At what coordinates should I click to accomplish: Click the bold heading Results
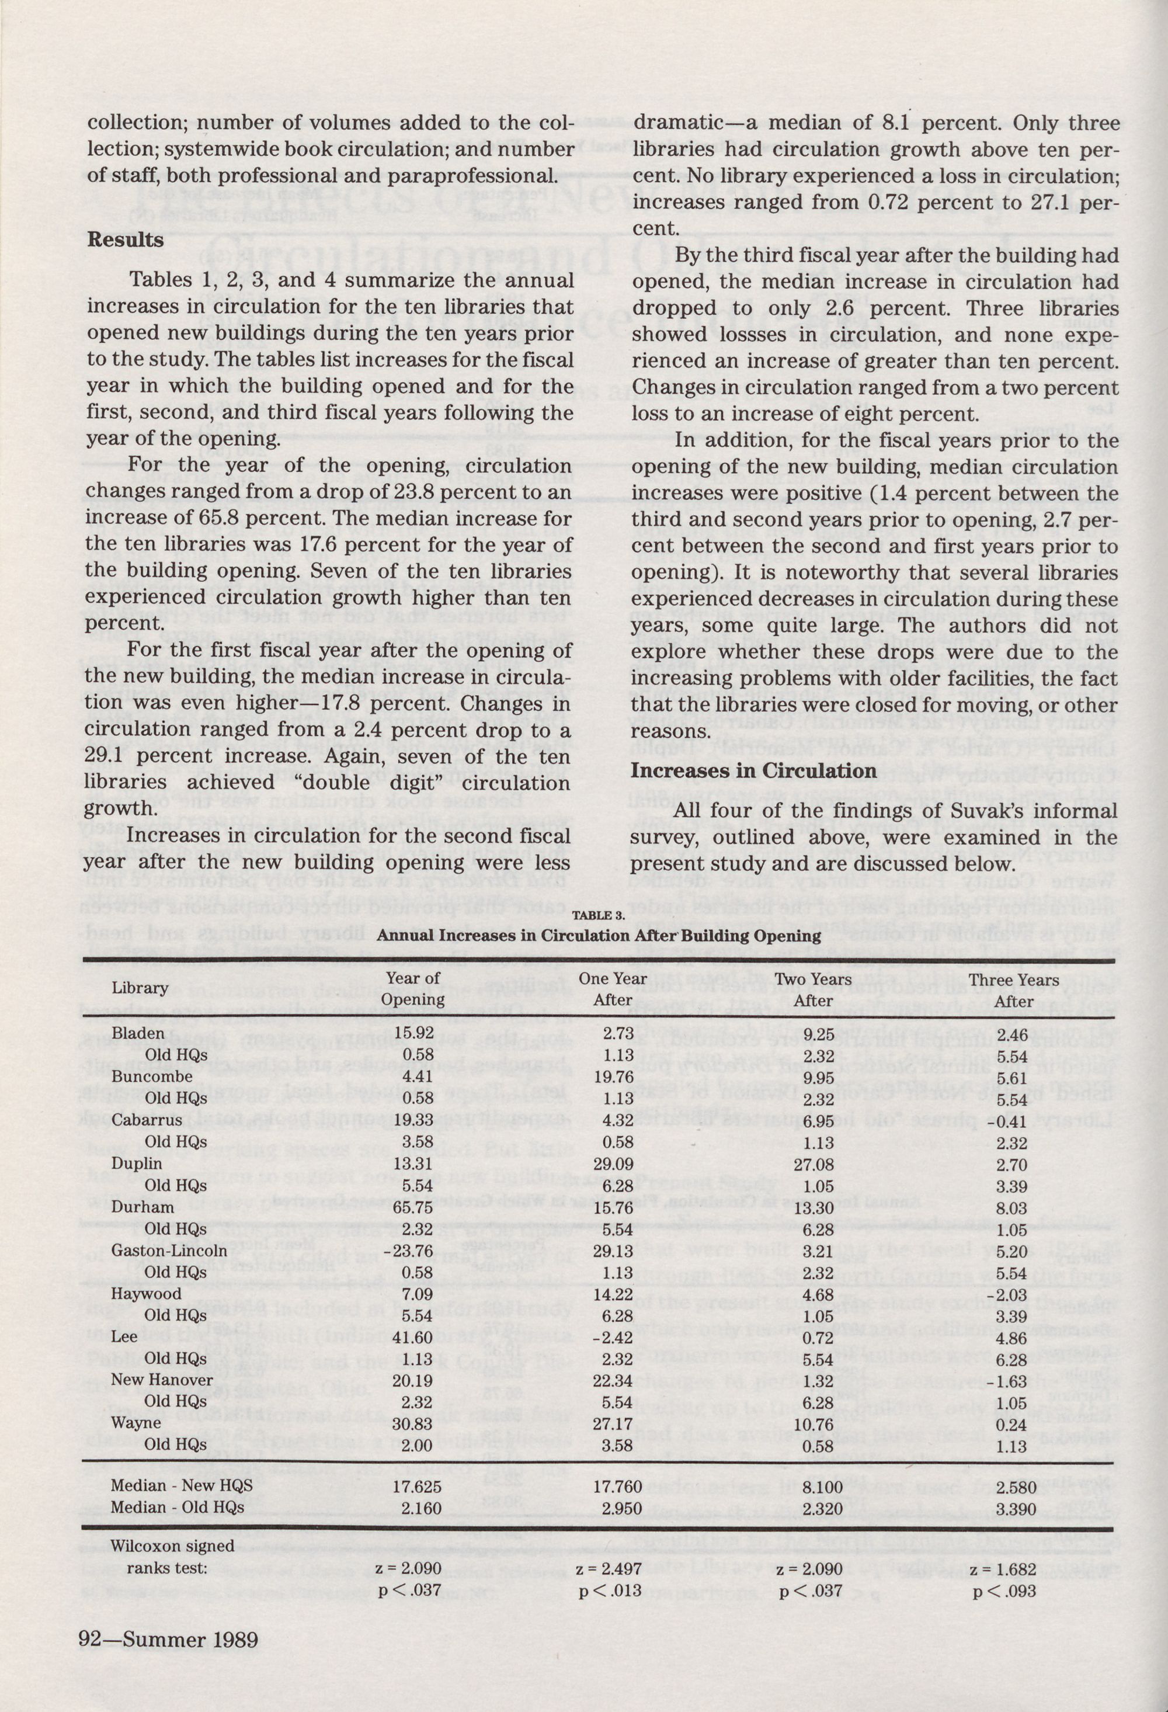125,240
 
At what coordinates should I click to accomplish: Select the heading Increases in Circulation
754,771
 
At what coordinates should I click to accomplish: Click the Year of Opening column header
413,989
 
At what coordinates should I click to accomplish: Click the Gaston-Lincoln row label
169,1250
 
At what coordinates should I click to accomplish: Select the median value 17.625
413,1466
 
